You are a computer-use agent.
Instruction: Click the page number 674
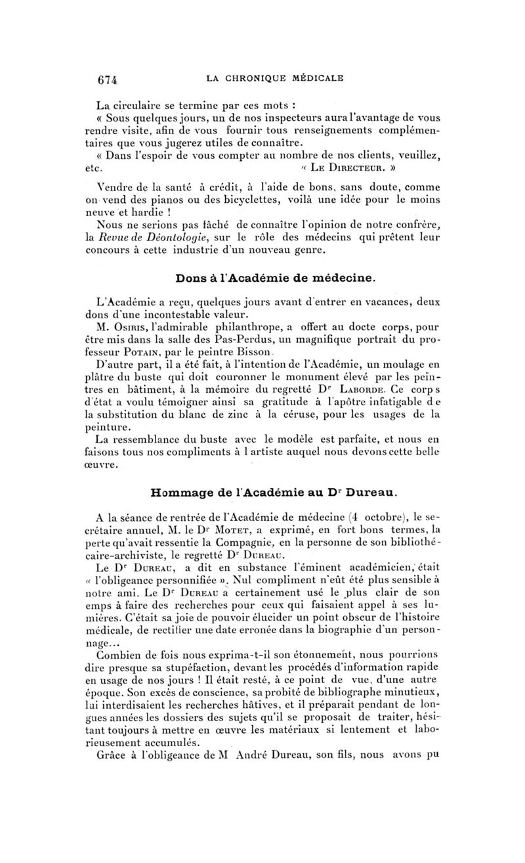[107, 79]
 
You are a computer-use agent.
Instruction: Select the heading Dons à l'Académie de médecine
[275, 278]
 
